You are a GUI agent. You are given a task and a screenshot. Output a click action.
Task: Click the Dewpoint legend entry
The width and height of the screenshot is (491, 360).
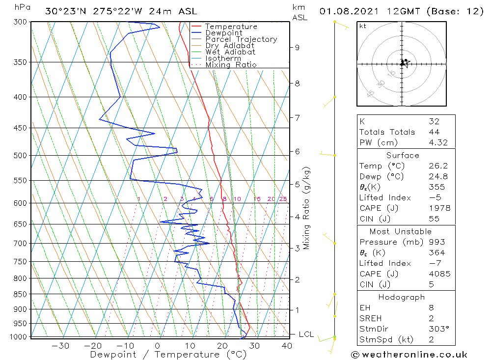tap(224, 33)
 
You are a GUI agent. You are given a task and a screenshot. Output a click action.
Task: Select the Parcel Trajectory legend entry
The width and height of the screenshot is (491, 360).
tap(241, 39)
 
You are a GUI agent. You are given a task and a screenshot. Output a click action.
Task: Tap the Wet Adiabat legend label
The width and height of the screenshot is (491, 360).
tap(230, 52)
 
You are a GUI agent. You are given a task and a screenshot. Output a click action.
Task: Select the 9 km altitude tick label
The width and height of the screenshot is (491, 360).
tap(297, 48)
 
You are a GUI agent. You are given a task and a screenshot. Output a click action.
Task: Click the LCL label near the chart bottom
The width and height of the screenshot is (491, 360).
tap(306, 334)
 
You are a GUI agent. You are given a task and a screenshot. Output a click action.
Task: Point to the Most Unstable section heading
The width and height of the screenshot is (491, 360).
tap(401, 231)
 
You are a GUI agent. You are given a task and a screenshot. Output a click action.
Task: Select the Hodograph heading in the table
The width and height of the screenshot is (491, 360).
tap(402, 297)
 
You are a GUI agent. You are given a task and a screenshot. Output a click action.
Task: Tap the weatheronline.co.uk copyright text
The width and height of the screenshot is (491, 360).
tap(409, 355)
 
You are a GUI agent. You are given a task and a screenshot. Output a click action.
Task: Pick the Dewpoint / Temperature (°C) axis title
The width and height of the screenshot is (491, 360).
tap(168, 355)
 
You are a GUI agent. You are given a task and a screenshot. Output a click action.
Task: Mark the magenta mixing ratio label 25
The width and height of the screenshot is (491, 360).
tap(283, 199)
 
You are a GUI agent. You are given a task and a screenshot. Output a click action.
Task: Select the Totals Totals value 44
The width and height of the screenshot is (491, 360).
tap(434, 132)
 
